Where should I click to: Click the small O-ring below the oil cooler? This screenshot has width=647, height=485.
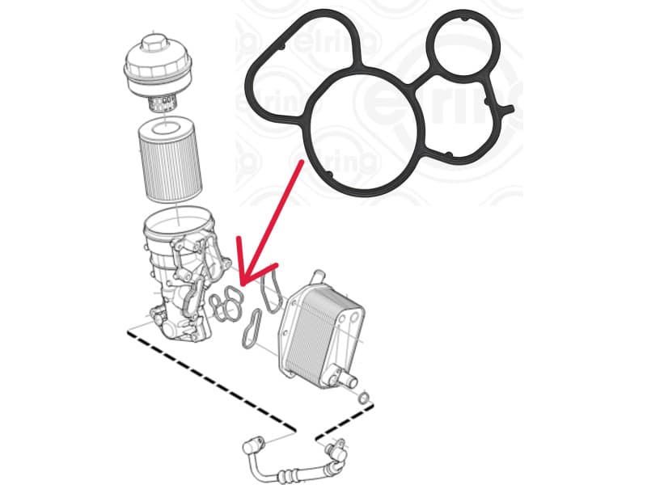click(365, 398)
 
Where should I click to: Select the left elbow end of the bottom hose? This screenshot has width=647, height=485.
click(253, 445)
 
